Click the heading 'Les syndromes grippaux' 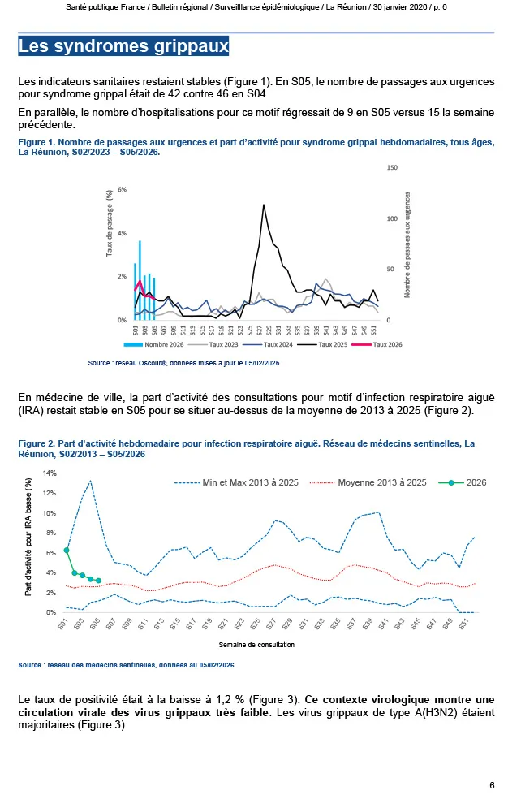pyautogui.click(x=123, y=46)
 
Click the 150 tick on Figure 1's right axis pyautogui.click(x=392, y=167)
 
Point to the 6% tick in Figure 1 pyautogui.click(x=123, y=189)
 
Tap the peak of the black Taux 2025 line pyautogui.click(x=264, y=205)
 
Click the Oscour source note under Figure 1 pyautogui.click(x=183, y=363)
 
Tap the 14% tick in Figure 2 pyautogui.click(x=50, y=473)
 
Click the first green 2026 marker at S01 pyautogui.click(x=67, y=551)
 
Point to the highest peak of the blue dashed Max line pyautogui.click(x=90, y=481)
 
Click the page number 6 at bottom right pyautogui.click(x=492, y=785)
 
